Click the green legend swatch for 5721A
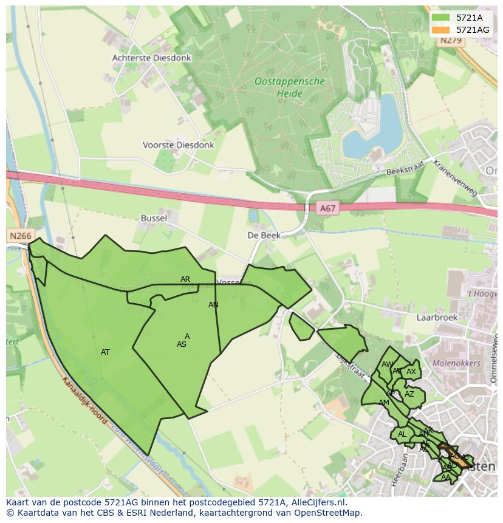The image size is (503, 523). (440, 18)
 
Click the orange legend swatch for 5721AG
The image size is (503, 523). (440, 30)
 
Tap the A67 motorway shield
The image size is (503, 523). (327, 208)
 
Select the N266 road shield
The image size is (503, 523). (20, 235)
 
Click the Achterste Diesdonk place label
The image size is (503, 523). (151, 58)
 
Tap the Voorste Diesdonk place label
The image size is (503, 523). (178, 145)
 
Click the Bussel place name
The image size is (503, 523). (154, 217)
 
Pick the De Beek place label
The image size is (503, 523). (264, 235)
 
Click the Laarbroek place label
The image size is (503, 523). (436, 317)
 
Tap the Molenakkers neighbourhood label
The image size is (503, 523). (456, 363)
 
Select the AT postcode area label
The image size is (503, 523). (105, 352)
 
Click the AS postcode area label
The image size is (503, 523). (181, 344)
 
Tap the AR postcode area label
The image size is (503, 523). (185, 279)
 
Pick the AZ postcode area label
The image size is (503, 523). (409, 394)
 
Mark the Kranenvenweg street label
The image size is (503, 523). (456, 177)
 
